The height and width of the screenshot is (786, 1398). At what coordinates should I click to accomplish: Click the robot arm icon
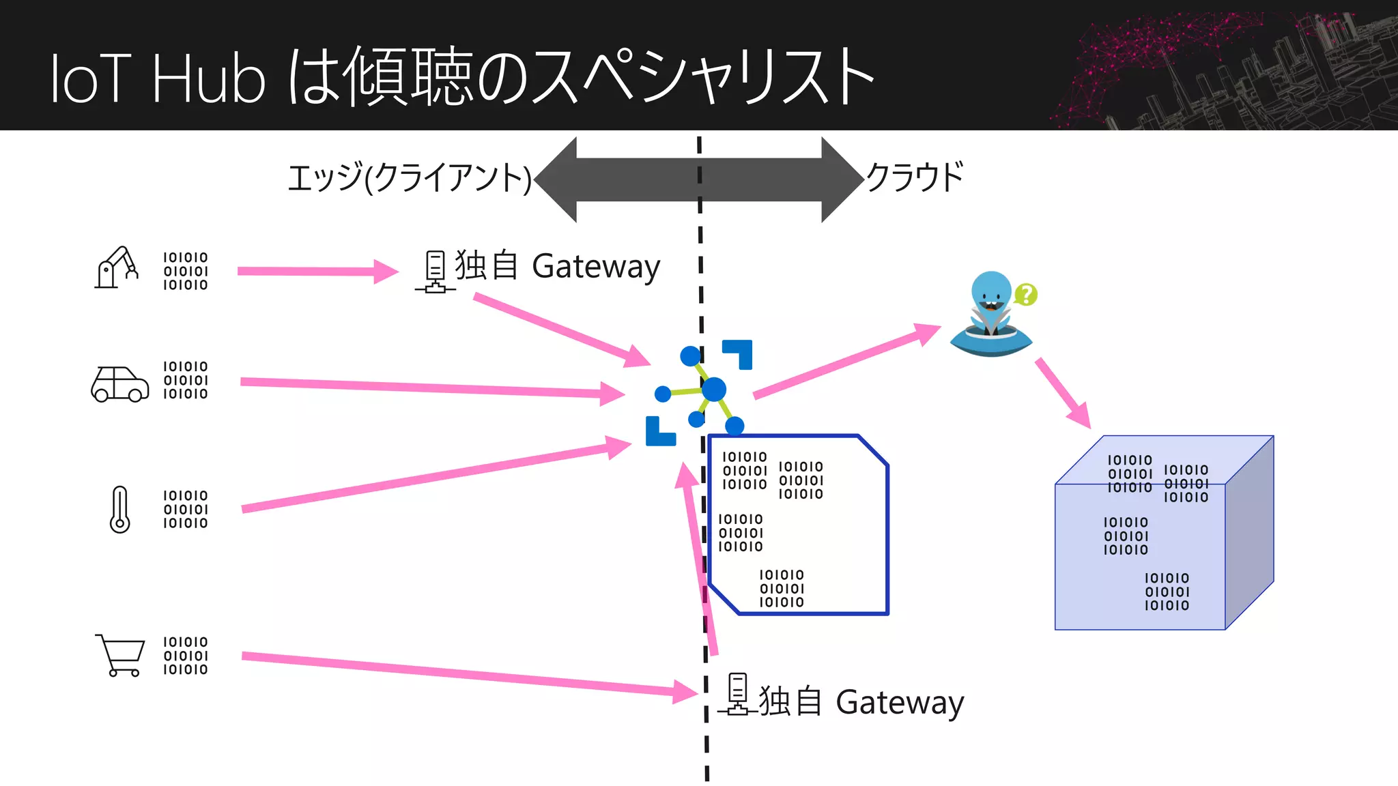(116, 268)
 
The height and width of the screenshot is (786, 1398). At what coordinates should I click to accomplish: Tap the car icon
(120, 384)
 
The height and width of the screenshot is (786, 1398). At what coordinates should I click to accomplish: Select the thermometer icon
(120, 509)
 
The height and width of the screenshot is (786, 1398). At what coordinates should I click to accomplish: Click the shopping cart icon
(121, 655)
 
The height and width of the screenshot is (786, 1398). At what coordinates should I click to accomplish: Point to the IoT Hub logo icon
(700, 393)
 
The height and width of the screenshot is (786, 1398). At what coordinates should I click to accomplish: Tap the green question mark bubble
(1025, 295)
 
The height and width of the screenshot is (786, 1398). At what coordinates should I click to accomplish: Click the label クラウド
(915, 177)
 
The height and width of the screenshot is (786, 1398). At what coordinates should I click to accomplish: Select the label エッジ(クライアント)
(409, 179)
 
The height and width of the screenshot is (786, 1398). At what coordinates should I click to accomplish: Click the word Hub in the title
(208, 79)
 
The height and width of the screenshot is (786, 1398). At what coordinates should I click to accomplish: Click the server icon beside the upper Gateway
(435, 272)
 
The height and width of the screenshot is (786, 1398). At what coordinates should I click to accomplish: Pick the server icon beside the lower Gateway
(738, 694)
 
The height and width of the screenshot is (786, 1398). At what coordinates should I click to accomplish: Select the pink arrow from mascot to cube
(1062, 392)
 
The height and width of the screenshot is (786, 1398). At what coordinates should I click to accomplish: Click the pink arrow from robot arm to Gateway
(317, 272)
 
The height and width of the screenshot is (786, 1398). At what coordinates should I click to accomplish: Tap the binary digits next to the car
(185, 381)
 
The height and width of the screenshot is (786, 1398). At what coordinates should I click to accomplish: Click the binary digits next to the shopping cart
(185, 656)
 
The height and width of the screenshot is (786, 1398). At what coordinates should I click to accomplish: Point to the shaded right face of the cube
(1249, 532)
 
